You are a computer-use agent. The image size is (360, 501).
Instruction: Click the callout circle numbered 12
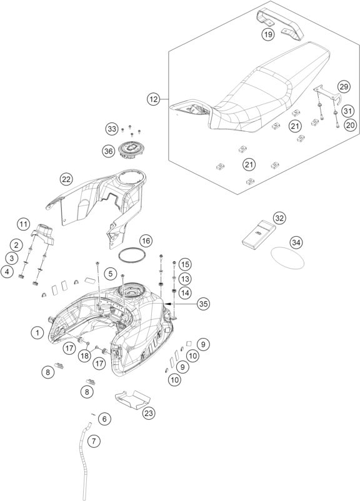[x=154, y=99]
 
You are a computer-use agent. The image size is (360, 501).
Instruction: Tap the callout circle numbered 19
[x=268, y=34]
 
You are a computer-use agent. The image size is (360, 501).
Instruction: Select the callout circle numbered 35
[x=203, y=304]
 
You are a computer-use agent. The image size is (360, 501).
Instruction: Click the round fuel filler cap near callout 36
[x=131, y=149]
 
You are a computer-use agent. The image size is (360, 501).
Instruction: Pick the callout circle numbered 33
[x=112, y=129]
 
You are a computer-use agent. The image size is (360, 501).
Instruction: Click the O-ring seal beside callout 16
[x=132, y=255]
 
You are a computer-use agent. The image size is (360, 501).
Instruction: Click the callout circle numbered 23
[x=149, y=413]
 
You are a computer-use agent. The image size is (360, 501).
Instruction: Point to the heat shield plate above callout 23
[x=132, y=399]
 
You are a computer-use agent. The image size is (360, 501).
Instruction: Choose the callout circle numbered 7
[x=94, y=441]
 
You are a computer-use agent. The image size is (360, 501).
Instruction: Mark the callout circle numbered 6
[x=104, y=419]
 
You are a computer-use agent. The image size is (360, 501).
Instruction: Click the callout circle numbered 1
[x=37, y=333]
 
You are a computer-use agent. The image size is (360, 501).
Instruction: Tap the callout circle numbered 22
[x=66, y=179]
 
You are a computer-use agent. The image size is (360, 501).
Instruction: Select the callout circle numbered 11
[x=23, y=224]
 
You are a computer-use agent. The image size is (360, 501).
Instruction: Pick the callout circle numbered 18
[x=84, y=355]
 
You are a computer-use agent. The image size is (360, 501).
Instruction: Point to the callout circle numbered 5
[x=110, y=274]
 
